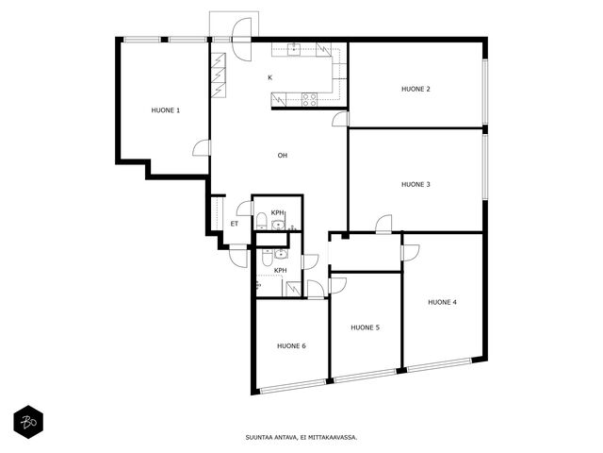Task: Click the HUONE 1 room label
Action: point(166,110)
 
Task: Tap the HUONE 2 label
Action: point(416,89)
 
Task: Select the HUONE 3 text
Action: point(416,185)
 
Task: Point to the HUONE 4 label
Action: point(442,302)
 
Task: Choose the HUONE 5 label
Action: point(365,327)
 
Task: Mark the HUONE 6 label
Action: point(291,346)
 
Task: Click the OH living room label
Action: point(283,156)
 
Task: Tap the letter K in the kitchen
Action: point(270,77)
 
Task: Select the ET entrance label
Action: point(235,224)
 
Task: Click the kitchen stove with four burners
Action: point(309,99)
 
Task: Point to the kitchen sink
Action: point(295,49)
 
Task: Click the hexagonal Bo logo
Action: point(28,422)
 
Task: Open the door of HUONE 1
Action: point(202,148)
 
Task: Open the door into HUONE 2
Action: point(341,119)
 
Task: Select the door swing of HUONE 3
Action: point(383,225)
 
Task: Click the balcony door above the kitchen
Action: point(242,39)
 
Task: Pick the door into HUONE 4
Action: point(410,253)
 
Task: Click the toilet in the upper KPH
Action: point(262,220)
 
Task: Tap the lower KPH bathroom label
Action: point(281,271)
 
